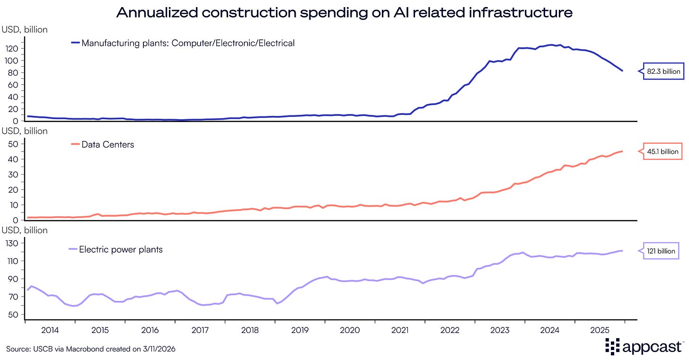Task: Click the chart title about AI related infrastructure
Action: pos(344,12)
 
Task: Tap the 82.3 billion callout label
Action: pos(662,72)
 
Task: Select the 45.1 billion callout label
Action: pos(662,152)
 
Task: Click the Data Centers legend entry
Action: pos(107,145)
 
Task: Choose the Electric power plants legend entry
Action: pos(121,249)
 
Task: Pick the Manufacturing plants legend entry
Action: pos(188,43)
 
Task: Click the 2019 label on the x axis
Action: pos(300,330)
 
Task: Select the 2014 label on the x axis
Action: pos(50,330)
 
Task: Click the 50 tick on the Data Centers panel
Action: pos(14,144)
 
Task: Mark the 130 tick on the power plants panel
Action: pos(12,243)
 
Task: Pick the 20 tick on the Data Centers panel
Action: pos(14,190)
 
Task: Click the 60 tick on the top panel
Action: pos(14,85)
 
